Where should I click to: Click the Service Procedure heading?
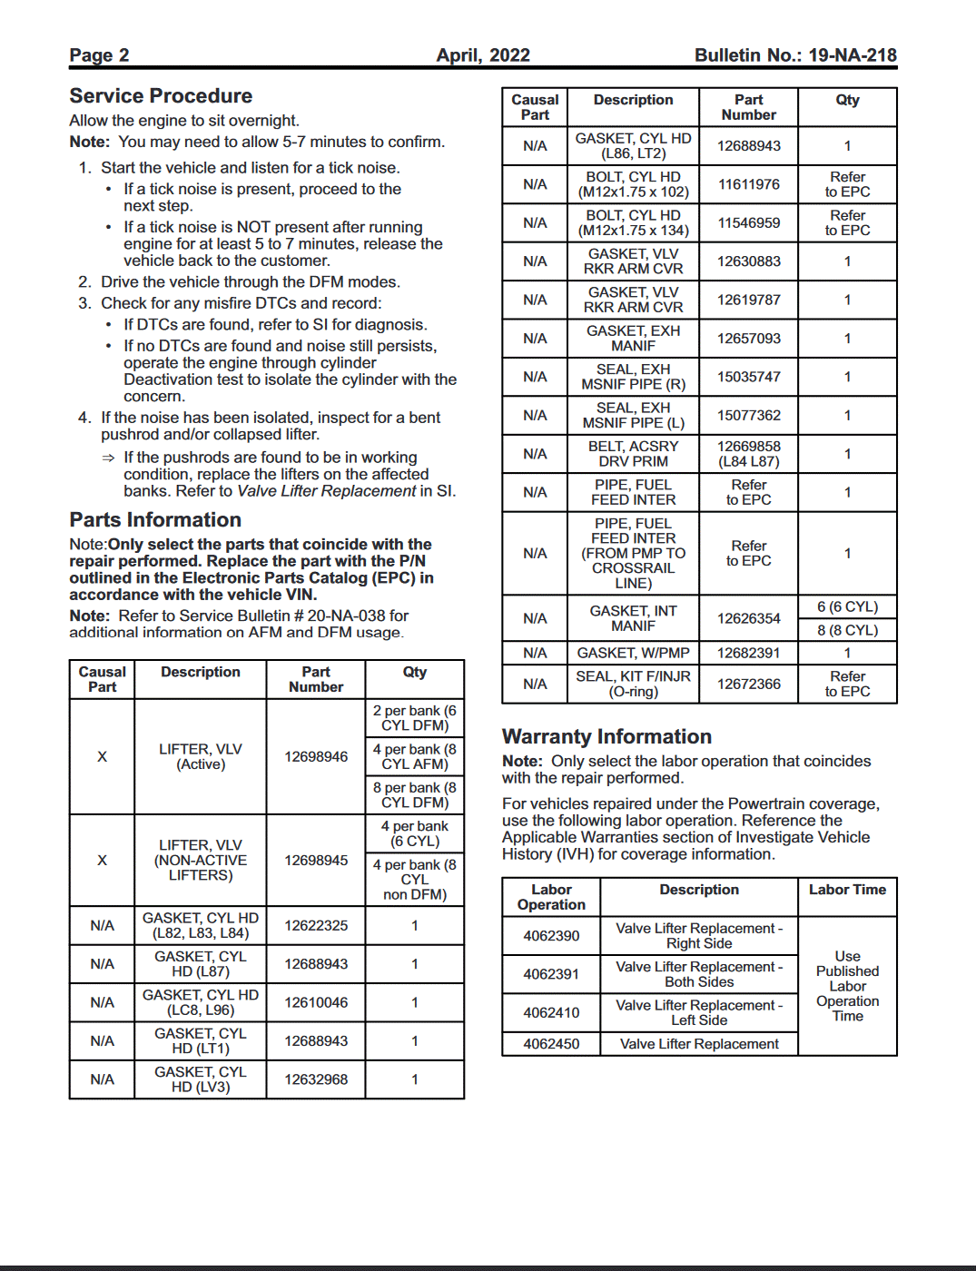tap(161, 96)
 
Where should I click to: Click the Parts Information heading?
tap(155, 520)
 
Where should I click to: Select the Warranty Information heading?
tap(606, 737)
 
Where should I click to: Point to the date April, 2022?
tap(483, 55)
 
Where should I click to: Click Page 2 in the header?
tap(99, 55)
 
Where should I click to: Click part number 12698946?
tap(316, 756)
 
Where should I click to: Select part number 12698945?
tap(316, 860)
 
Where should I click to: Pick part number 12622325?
tap(316, 925)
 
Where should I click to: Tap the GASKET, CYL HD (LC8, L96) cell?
tap(201, 1002)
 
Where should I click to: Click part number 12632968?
tap(316, 1079)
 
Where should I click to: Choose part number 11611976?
tap(749, 184)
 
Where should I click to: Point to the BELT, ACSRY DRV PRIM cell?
tap(633, 454)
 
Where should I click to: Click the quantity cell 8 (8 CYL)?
tap(847, 630)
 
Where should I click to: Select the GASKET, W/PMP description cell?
tap(633, 653)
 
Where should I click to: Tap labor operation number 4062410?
tap(551, 1012)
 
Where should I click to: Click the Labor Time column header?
tap(847, 890)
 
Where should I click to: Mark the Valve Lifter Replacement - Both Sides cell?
tap(699, 974)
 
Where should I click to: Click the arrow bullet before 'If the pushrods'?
tap(109, 458)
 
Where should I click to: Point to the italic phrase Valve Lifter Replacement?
tap(326, 491)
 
